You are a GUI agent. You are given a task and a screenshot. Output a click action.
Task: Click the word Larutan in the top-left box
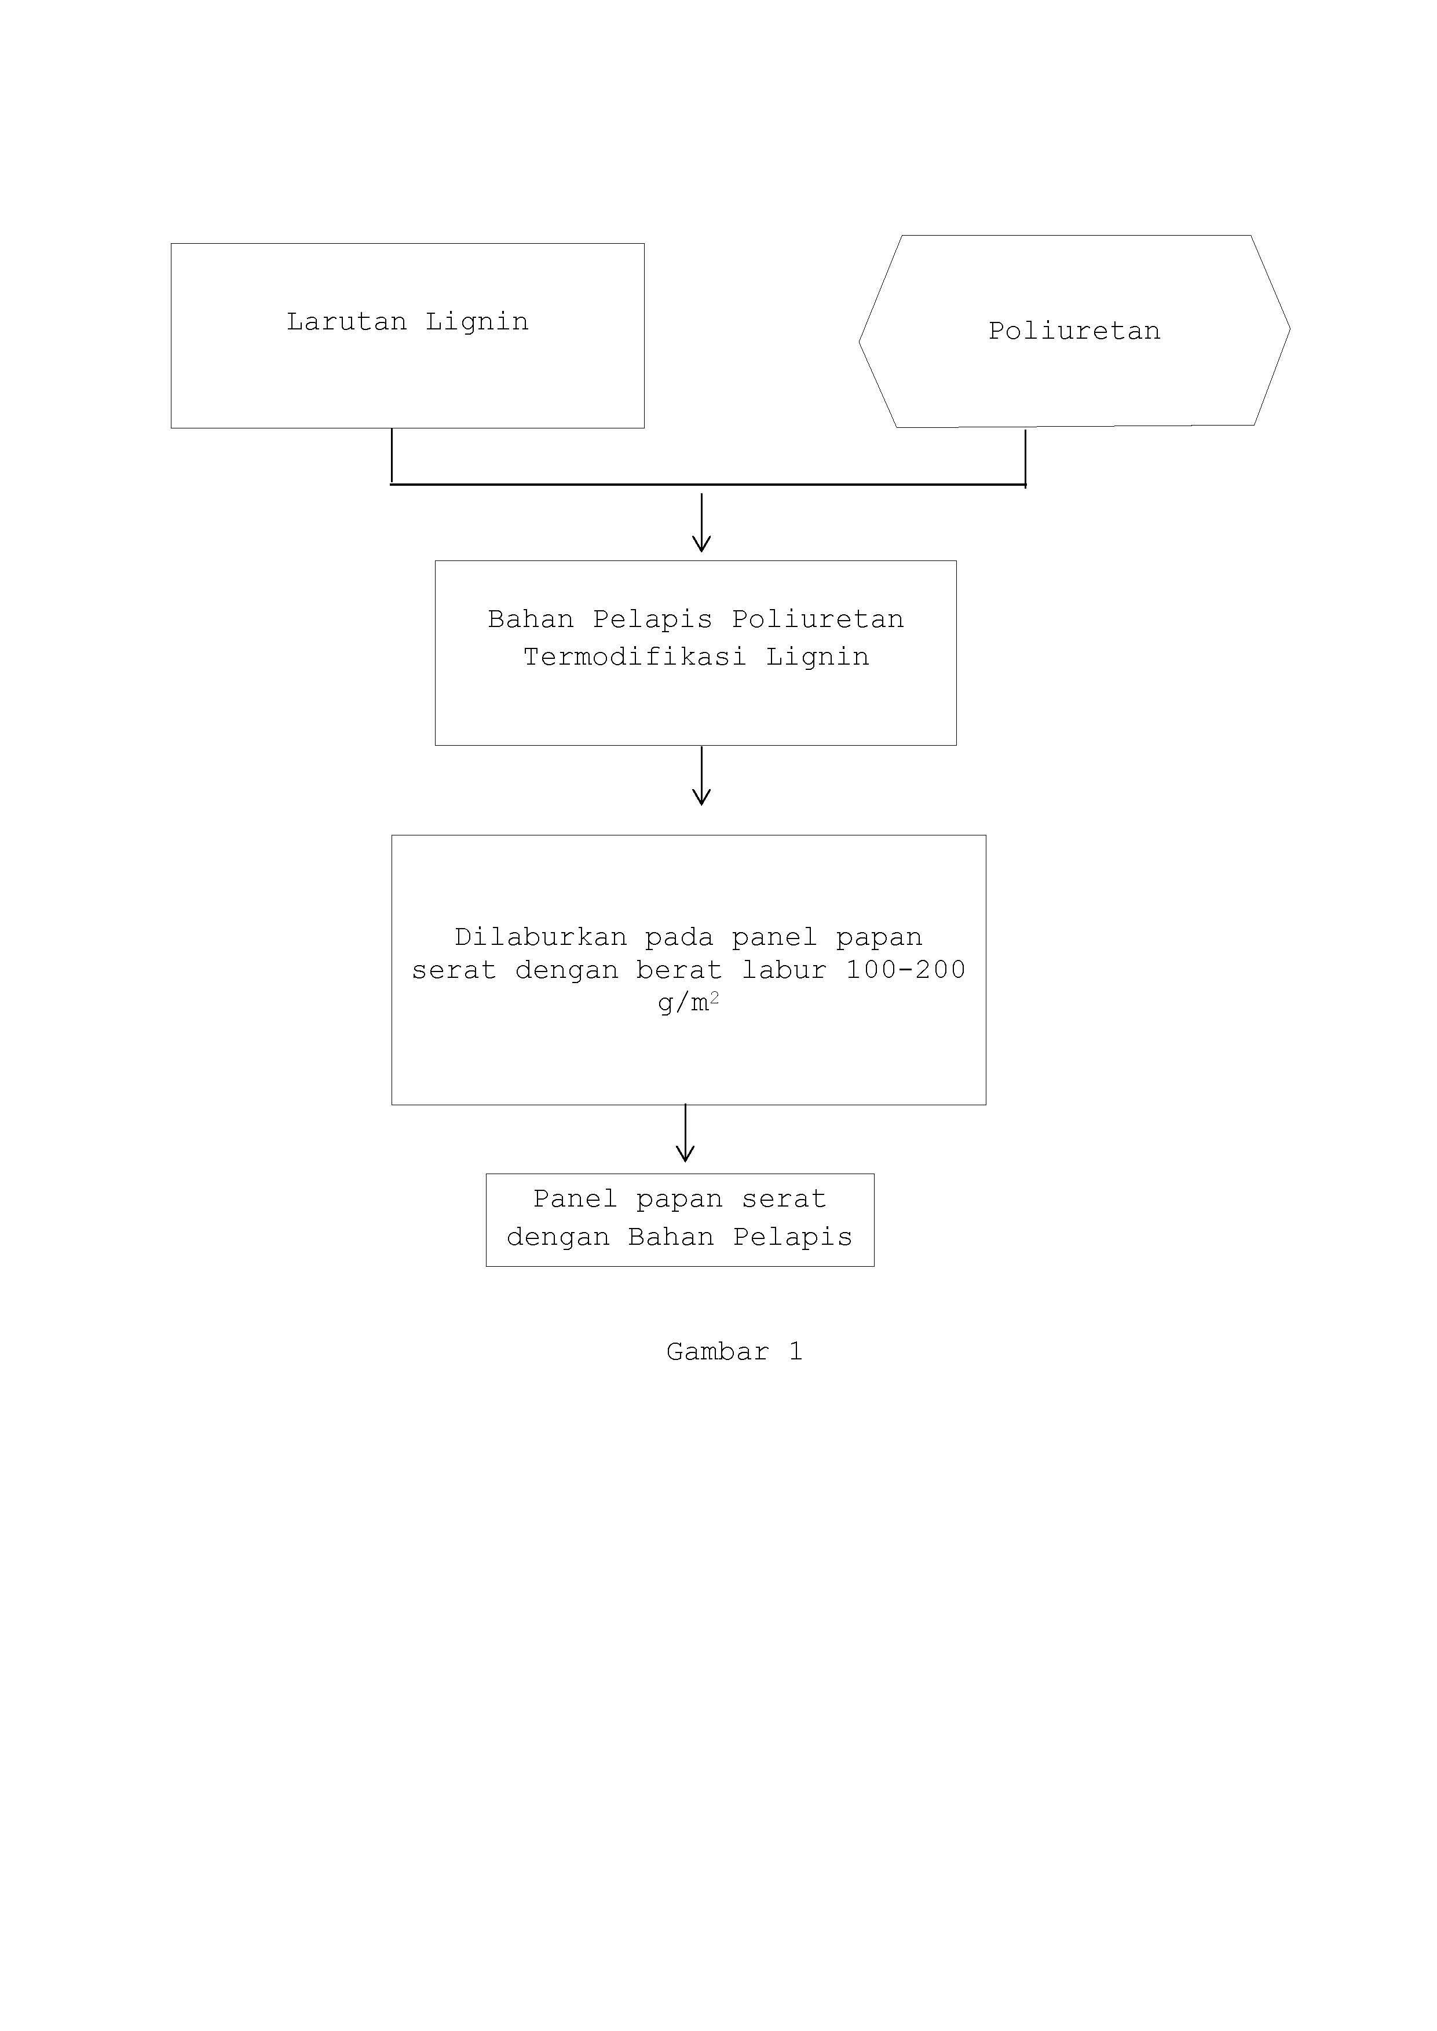pyautogui.click(x=346, y=321)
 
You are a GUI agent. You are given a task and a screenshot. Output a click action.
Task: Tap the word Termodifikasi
pyautogui.click(x=634, y=657)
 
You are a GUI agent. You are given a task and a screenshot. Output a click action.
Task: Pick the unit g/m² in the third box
pyautogui.click(x=689, y=1003)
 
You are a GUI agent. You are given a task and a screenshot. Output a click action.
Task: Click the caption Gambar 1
pyautogui.click(x=734, y=1351)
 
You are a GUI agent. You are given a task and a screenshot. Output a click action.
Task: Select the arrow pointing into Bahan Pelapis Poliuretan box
pyautogui.click(x=701, y=523)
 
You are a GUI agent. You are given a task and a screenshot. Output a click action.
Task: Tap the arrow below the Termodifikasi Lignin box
pyautogui.click(x=701, y=776)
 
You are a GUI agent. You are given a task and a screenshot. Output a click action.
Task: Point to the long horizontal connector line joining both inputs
pyautogui.click(x=708, y=485)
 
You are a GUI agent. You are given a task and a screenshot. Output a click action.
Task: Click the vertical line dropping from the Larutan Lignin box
pyautogui.click(x=392, y=456)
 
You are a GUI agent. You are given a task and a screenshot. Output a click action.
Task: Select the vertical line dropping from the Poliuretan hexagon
pyautogui.click(x=1026, y=458)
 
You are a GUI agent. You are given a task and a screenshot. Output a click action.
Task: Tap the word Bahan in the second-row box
pyautogui.click(x=531, y=619)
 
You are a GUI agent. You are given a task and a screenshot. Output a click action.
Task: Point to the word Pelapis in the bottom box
pyautogui.click(x=793, y=1237)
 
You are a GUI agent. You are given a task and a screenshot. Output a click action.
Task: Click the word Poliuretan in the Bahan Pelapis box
pyautogui.click(x=818, y=619)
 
